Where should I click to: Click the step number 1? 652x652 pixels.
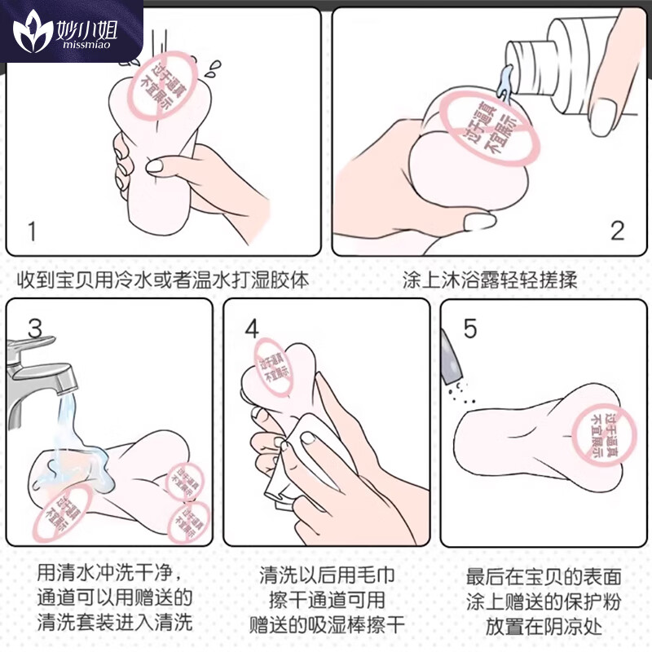32,231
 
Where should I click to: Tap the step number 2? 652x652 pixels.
617,231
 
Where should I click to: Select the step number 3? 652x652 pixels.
34,328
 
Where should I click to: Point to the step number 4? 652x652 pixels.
251,328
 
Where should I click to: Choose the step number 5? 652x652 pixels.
469,328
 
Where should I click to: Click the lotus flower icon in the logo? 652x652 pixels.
32,32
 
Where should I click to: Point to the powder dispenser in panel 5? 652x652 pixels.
451,359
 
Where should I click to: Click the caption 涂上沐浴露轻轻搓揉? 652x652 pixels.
490,280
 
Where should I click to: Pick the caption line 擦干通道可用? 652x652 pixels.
326,601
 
